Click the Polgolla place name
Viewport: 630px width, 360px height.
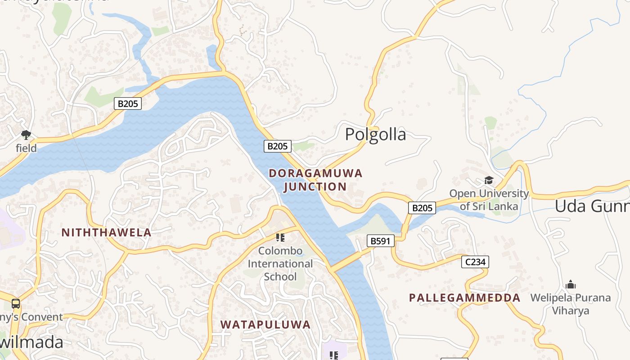point(375,135)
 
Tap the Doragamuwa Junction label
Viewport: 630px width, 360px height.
point(315,180)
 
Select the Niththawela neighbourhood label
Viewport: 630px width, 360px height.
point(106,233)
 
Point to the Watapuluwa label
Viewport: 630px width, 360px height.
point(265,324)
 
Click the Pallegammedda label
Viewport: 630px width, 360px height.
point(464,298)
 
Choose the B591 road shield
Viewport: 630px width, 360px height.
point(380,241)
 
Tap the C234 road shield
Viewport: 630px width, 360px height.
point(475,262)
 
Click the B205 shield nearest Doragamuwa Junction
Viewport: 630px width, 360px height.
point(277,146)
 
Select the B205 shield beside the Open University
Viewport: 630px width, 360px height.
point(422,207)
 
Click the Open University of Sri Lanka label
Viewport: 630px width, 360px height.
point(489,200)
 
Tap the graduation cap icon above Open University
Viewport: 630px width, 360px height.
point(489,180)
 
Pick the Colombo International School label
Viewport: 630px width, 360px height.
point(280,263)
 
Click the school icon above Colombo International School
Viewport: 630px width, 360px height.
point(280,237)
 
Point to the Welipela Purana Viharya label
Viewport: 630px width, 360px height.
point(571,304)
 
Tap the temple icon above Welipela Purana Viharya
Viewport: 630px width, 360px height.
point(571,284)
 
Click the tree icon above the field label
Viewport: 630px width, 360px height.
point(26,134)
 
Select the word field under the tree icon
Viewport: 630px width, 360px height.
point(26,148)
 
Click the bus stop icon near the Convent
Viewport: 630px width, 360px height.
point(16,303)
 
